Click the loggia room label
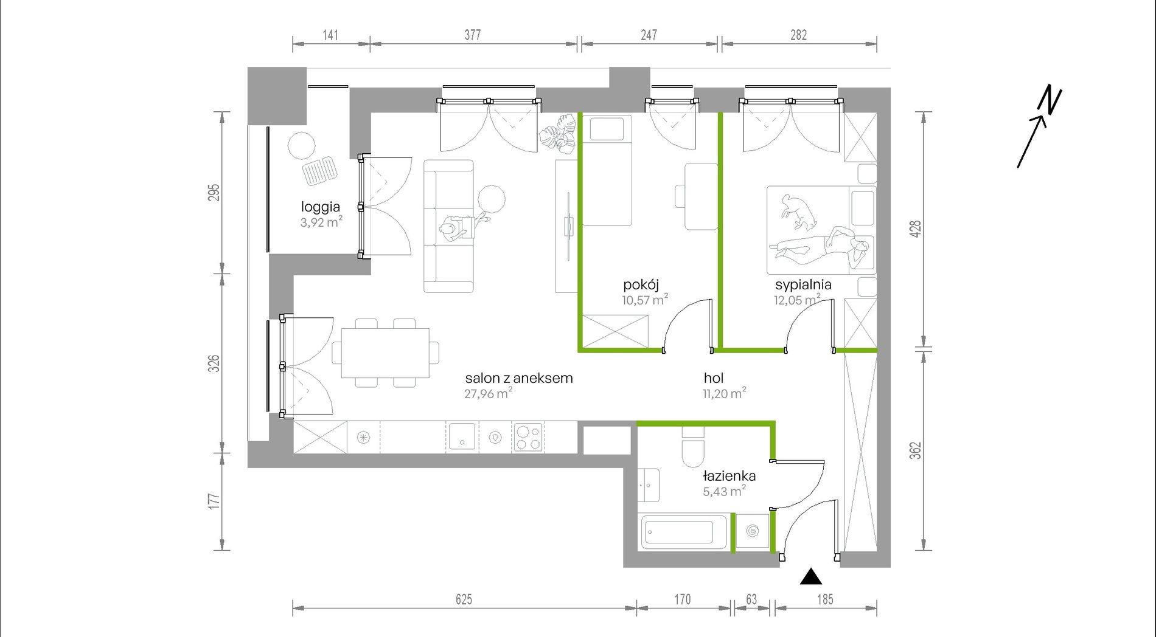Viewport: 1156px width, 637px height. tap(320, 207)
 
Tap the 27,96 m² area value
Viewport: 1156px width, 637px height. tap(488, 394)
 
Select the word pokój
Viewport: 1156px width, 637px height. tap(641, 285)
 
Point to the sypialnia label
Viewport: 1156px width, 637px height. tap(803, 284)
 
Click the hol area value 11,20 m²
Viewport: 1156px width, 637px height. tap(724, 393)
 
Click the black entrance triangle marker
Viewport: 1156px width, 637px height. tap(810, 576)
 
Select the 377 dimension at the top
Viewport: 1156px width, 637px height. tap(473, 35)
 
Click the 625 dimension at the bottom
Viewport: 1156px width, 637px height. tap(464, 599)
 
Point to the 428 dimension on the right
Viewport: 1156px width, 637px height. tap(916, 229)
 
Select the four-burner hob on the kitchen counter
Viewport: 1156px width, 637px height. tap(528, 437)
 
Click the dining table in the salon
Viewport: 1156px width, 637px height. tap(385, 353)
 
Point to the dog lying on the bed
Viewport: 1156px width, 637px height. tap(796, 211)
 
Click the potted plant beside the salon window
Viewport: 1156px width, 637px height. tap(559, 134)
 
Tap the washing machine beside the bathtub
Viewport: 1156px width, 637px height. tap(752, 531)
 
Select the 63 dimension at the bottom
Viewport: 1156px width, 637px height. tap(751, 599)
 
